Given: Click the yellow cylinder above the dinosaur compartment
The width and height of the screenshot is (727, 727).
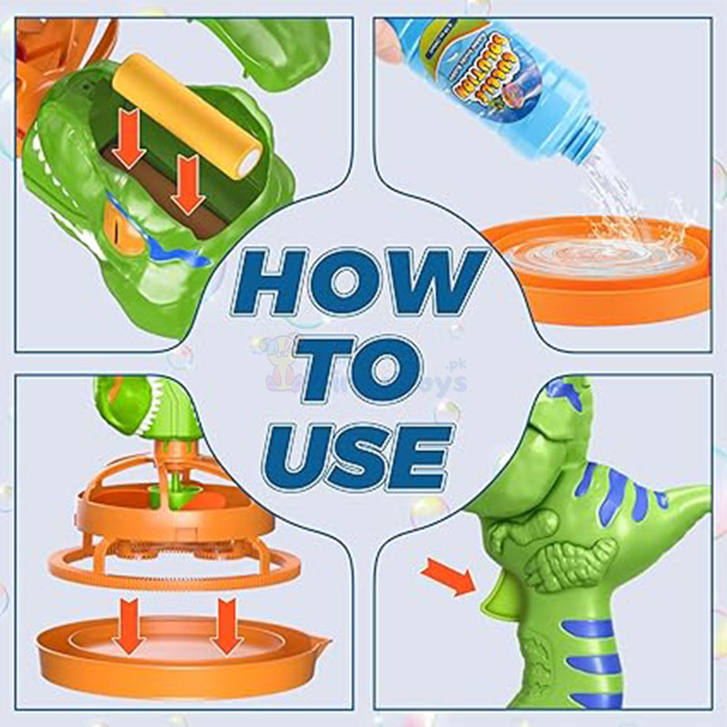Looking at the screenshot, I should pyautogui.click(x=187, y=114).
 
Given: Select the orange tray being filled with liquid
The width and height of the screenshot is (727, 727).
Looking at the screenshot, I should pyautogui.click(x=600, y=273).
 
